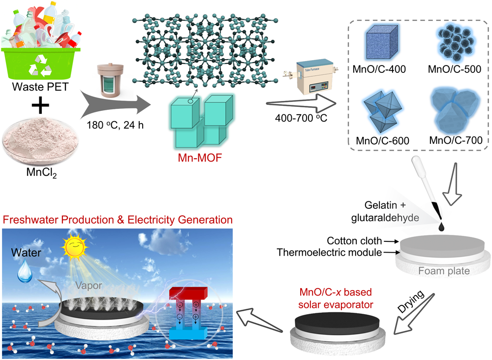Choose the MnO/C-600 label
point(381,140)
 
